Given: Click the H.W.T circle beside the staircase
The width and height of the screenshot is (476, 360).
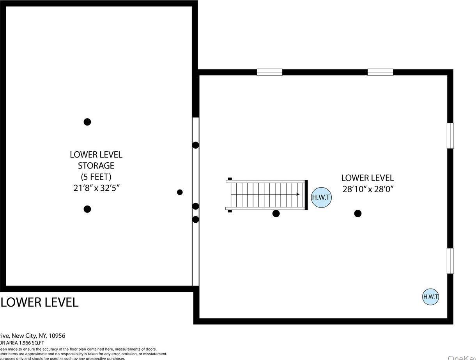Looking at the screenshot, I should [321, 197].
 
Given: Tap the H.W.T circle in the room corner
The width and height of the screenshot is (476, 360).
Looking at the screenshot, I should [430, 296].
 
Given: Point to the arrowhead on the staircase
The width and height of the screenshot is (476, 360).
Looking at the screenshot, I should [298, 194].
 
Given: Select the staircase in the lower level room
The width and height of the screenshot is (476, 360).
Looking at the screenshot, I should [267, 195].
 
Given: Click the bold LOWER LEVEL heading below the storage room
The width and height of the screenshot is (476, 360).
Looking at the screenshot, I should [40, 302].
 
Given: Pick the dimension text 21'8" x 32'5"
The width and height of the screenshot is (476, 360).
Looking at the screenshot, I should [96, 188].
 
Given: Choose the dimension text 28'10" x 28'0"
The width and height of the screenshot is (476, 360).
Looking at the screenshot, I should [368, 190].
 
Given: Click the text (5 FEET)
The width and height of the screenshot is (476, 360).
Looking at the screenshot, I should [96, 177].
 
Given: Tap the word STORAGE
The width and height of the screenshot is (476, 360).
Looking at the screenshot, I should [96, 166].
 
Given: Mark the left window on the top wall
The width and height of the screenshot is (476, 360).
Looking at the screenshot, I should [269, 72].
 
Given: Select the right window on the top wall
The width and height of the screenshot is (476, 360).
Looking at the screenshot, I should [380, 72].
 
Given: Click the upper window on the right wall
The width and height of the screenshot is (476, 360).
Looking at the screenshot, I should [450, 136].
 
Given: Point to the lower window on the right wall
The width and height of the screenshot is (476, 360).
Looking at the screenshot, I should [450, 261].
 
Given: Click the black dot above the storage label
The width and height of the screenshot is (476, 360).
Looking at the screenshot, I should [87, 122].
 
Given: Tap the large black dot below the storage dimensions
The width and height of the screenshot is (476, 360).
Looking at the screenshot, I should [87, 209].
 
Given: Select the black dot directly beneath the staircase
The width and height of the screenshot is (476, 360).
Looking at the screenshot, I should [276, 213].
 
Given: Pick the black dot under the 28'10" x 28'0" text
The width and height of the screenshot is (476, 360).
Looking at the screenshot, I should [358, 213].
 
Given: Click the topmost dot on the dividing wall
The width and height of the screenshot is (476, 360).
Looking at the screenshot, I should [196, 145].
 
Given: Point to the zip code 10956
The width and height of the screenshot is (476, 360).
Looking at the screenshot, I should [57, 335].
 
